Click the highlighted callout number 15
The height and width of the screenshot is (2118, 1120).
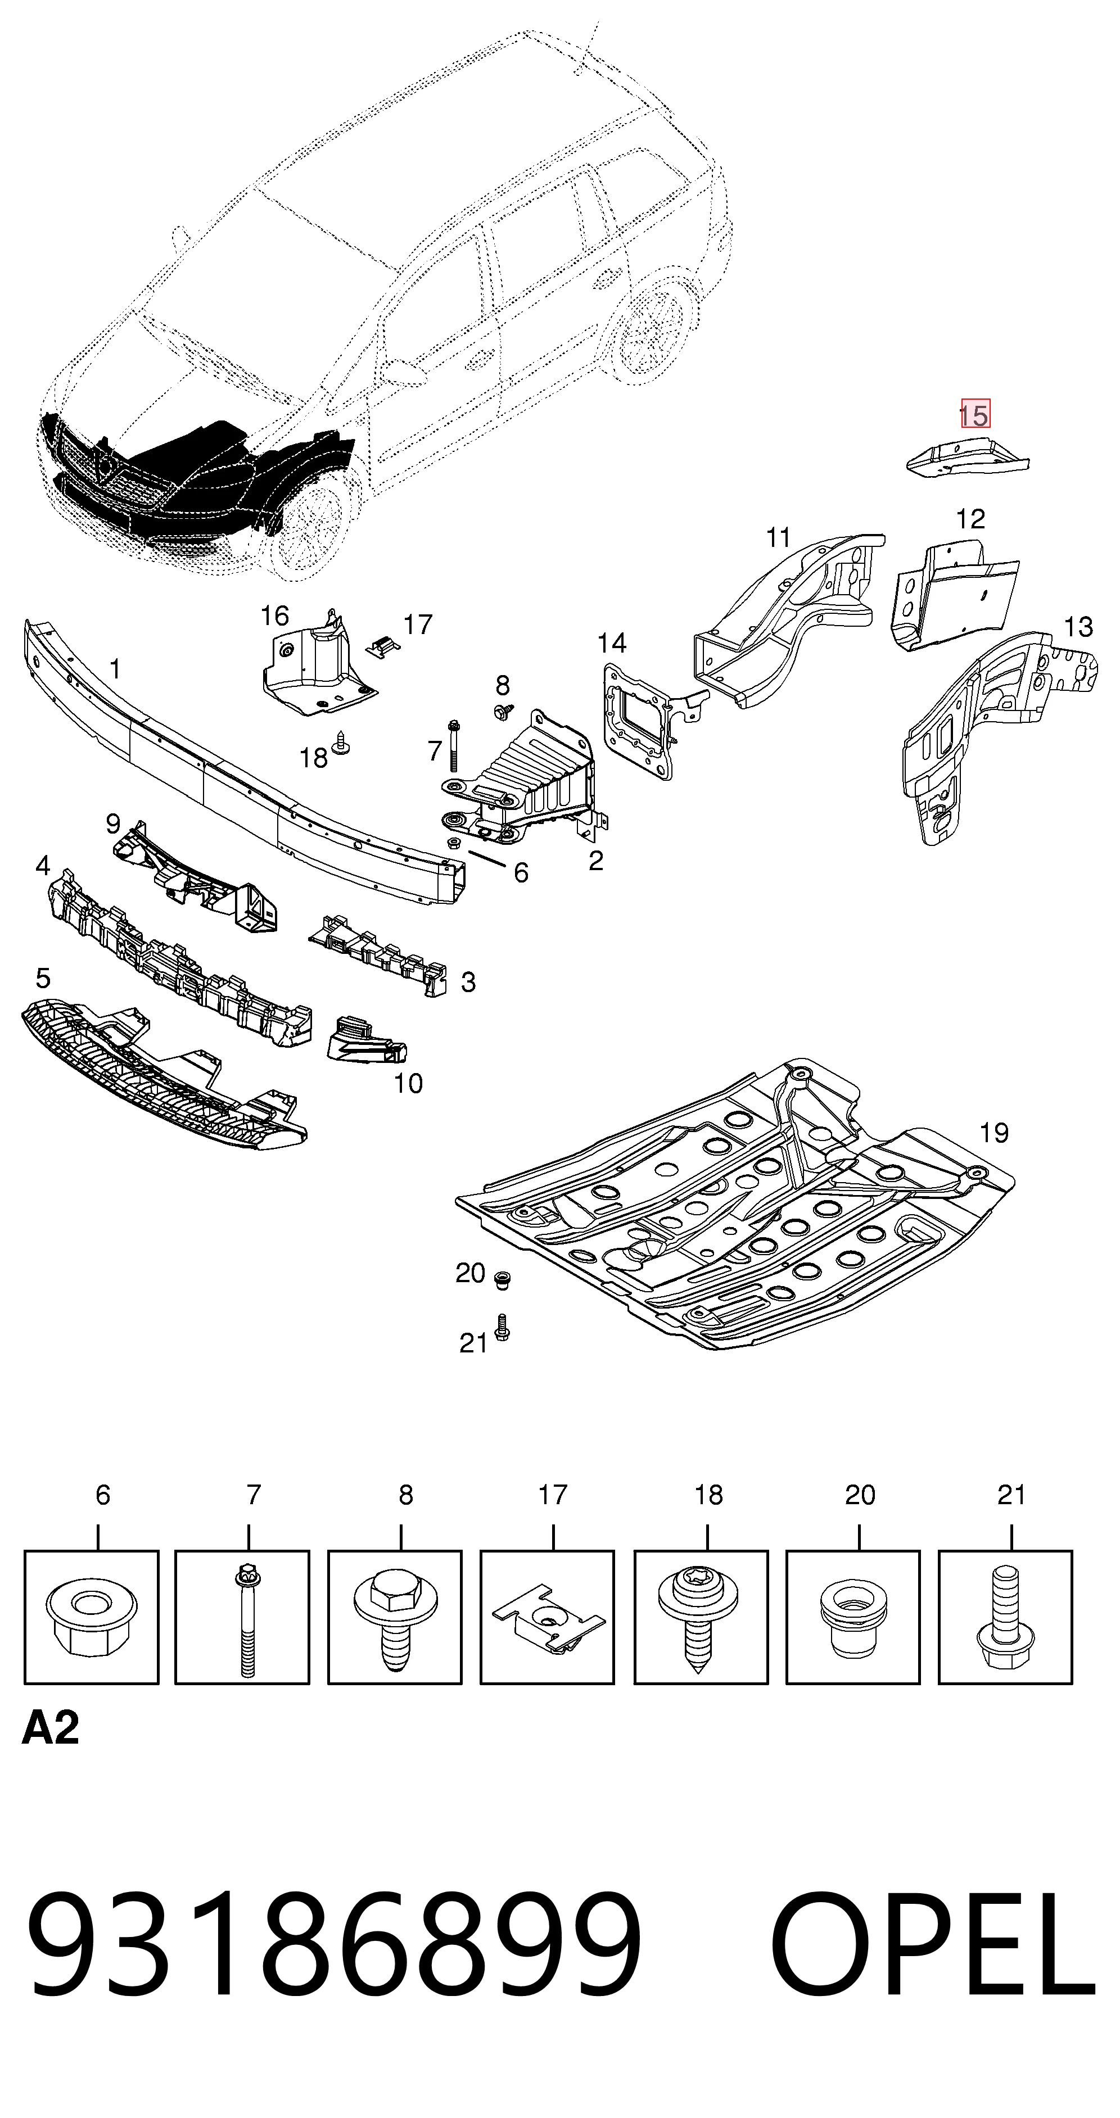(976, 414)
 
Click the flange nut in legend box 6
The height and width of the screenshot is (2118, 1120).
(91, 1619)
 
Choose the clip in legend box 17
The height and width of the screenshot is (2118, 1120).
(549, 1618)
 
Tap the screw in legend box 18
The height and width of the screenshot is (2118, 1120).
(698, 1618)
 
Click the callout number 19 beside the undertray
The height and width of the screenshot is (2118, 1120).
(994, 1133)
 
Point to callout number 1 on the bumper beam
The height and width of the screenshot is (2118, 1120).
(115, 669)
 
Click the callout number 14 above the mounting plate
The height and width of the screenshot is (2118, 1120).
(612, 643)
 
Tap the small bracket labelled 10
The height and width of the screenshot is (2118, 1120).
(367, 1038)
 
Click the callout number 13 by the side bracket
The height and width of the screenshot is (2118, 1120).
(1078, 627)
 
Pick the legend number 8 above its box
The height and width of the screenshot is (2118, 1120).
(407, 1495)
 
